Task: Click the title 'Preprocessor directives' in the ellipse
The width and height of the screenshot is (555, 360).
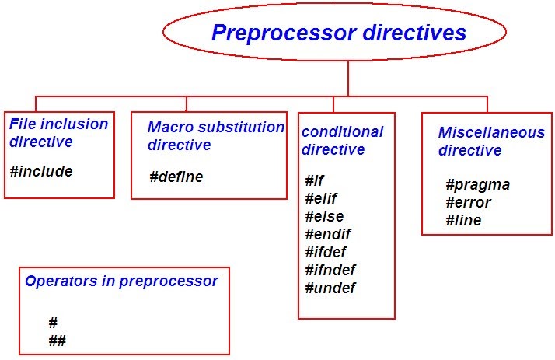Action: point(339,33)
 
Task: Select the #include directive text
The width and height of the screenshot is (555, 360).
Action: point(41,171)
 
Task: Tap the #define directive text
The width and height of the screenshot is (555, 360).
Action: point(176,177)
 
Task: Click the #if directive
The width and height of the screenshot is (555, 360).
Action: point(314,180)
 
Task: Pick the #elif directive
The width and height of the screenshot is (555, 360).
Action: point(320,198)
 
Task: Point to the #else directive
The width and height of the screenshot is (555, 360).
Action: point(323,216)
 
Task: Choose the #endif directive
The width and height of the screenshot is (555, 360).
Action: point(327,234)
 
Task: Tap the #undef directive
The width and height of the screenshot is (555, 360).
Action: point(330,288)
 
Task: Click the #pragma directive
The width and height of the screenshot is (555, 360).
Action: point(477,184)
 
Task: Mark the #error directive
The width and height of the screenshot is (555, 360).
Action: point(468,202)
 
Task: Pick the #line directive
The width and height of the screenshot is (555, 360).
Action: point(463,220)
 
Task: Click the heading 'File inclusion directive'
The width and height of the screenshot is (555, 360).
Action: point(58,132)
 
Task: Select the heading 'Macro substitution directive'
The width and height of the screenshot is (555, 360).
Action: point(215,135)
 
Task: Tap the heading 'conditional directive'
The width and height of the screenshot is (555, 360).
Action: point(342,140)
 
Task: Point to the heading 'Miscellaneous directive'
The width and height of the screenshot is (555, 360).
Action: point(490,141)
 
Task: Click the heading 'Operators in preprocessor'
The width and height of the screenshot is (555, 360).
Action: point(121,281)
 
